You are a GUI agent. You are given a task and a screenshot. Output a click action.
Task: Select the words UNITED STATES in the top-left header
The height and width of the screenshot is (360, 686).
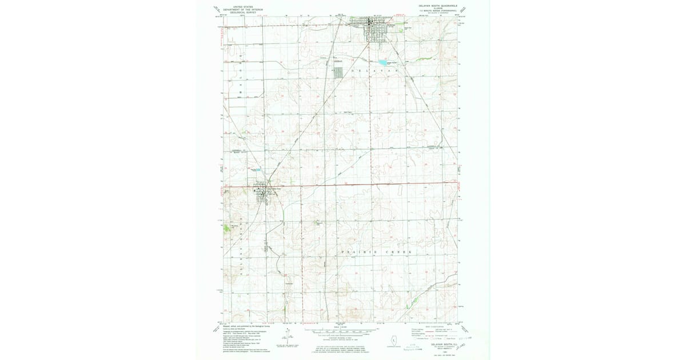pyautogui.click(x=240, y=5)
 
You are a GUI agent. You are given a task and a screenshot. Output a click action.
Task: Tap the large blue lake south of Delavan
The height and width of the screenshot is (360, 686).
pyautogui.click(x=382, y=63)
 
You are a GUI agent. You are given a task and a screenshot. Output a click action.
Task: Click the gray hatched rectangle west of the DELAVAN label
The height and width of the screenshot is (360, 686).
pyautogui.click(x=338, y=73)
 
